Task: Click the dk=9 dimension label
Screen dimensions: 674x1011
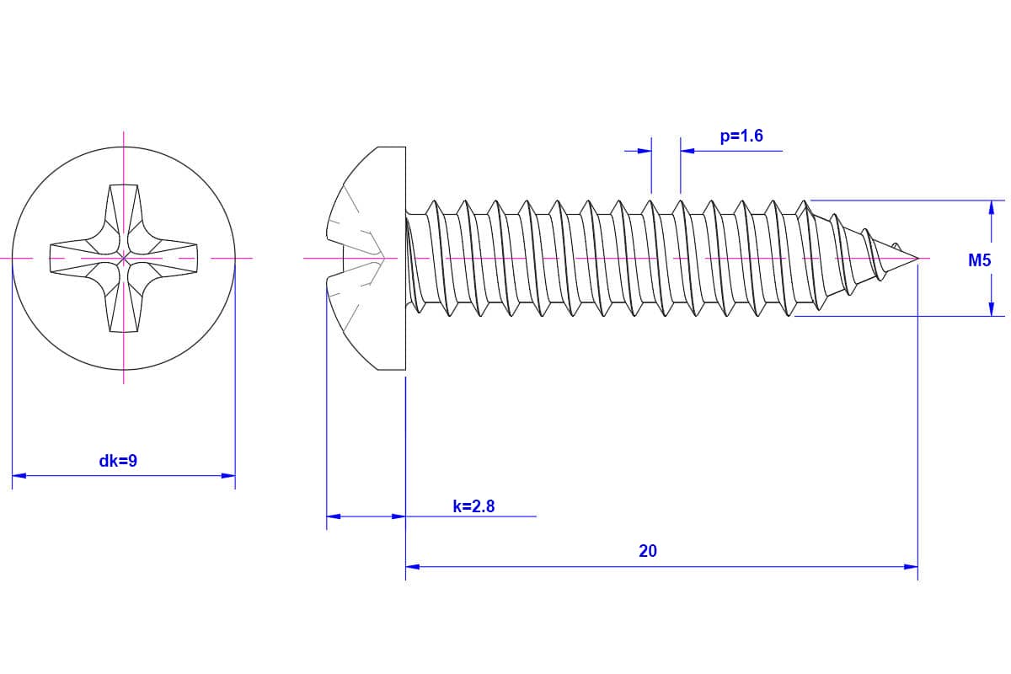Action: (x=118, y=461)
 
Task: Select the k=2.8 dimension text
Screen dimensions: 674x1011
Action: (x=473, y=506)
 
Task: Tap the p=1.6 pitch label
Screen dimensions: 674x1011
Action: (x=741, y=136)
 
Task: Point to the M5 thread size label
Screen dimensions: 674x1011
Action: (x=979, y=261)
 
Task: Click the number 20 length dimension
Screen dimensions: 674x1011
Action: (x=648, y=551)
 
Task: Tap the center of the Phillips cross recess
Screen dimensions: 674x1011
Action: (x=124, y=256)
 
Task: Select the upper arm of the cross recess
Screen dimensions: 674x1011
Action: (x=124, y=211)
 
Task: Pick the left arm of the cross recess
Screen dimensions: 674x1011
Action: (x=76, y=256)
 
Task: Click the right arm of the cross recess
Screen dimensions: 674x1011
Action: (x=173, y=256)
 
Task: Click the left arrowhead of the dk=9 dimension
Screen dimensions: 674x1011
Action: (x=19, y=476)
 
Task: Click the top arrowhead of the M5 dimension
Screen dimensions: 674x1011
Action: (x=992, y=207)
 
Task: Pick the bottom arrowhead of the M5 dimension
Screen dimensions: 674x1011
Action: (x=992, y=309)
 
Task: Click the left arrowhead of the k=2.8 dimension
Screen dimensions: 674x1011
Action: (x=334, y=516)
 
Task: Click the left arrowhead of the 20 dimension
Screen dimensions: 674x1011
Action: (x=413, y=567)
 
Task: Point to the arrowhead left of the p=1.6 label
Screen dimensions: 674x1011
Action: (x=645, y=151)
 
